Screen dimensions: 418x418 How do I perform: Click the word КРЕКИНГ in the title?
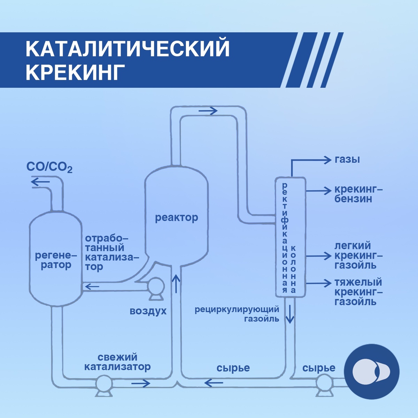[x=75, y=72]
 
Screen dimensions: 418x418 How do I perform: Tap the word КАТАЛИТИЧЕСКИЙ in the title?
[x=128, y=49]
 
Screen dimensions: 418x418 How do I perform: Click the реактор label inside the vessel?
[x=176, y=218]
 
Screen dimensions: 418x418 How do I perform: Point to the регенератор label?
[x=56, y=260]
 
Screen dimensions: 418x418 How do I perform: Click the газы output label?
[x=347, y=160]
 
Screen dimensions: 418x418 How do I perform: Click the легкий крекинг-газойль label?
[x=358, y=255]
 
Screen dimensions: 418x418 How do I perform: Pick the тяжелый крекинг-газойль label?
[x=358, y=292]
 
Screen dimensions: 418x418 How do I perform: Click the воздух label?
[x=148, y=311]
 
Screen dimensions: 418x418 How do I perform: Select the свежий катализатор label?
[x=117, y=362]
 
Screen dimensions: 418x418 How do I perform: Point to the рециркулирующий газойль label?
[x=237, y=313]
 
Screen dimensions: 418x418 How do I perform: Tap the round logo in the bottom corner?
[x=371, y=371]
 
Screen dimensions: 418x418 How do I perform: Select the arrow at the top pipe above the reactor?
[x=208, y=111]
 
